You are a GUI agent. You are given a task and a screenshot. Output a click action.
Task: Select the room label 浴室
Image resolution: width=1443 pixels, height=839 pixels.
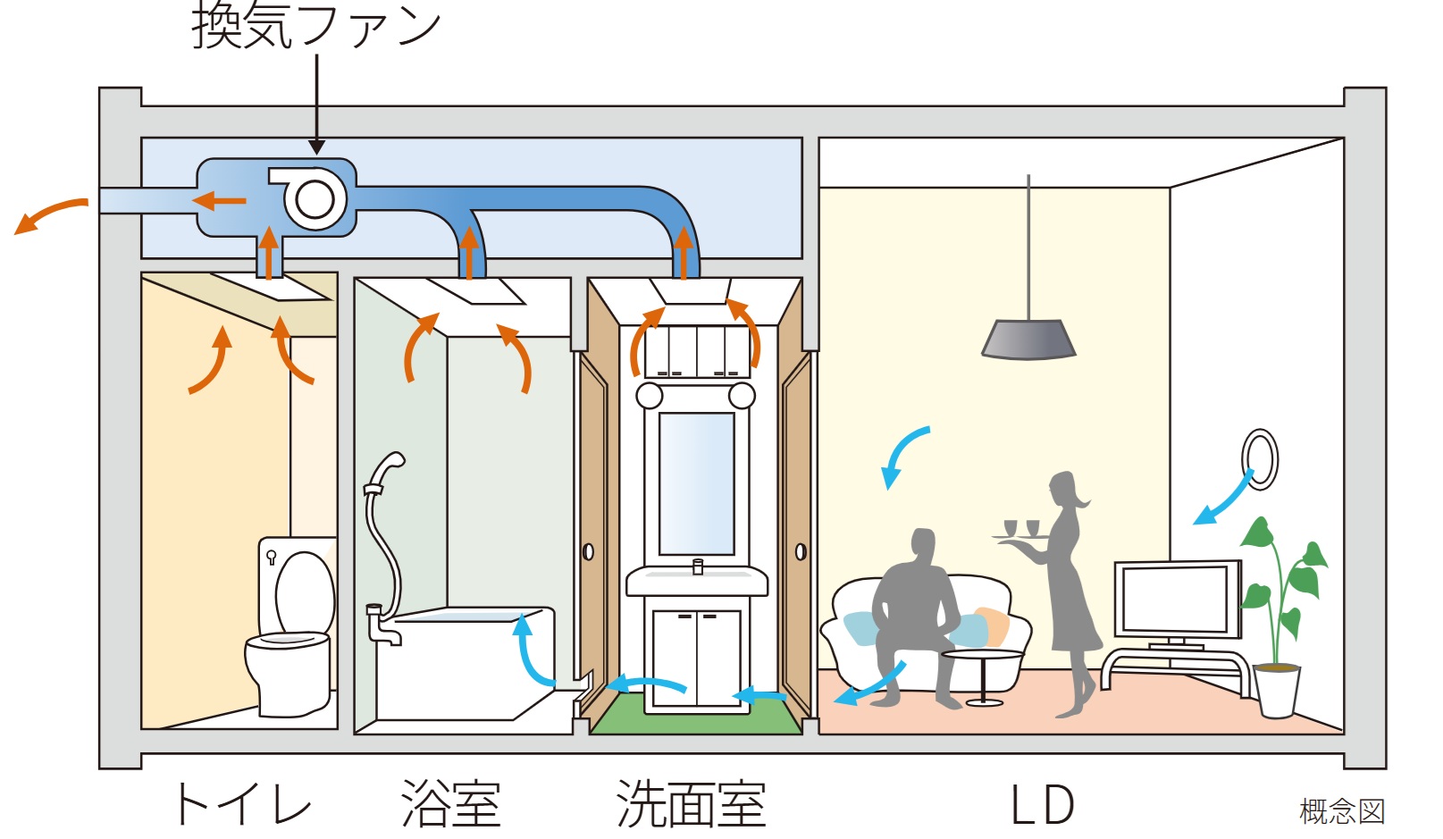[451, 803]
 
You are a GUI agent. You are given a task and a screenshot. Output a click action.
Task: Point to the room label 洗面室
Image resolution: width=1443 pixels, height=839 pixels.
[691, 803]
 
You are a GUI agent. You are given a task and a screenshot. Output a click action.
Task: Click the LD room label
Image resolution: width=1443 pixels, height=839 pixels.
[1042, 804]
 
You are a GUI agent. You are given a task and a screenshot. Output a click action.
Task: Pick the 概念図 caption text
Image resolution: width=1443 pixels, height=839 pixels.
[1341, 811]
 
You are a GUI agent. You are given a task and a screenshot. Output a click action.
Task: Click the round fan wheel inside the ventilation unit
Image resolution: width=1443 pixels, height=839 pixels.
[315, 199]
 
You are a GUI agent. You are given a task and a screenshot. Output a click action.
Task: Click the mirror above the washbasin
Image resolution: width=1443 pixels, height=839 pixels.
[696, 483]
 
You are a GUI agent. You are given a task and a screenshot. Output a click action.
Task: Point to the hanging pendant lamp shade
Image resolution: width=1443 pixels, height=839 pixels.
[1028, 340]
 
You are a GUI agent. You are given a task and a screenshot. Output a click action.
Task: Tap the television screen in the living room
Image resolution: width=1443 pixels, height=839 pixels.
[1177, 599]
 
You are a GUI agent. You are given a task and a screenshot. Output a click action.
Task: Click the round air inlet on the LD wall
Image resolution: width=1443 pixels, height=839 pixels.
[1260, 459]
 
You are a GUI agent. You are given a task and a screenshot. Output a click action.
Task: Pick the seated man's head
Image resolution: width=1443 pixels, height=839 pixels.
[922, 547]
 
